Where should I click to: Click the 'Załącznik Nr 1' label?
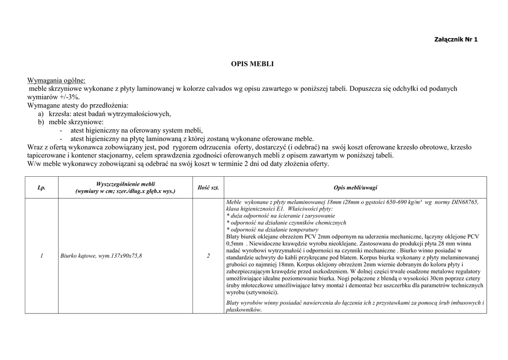click(455, 40)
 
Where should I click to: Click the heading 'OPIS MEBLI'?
click(252, 64)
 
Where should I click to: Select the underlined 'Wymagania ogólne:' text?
click(56, 80)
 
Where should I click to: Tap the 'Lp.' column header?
click(41, 187)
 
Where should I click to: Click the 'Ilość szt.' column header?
click(208, 187)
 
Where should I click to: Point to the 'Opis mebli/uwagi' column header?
click(355, 187)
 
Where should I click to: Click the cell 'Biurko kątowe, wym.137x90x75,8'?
click(101, 256)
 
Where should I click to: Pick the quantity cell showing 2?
click(208, 256)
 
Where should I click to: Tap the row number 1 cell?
click(42, 256)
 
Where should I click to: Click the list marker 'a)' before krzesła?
click(41, 114)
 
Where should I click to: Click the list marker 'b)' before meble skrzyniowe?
click(41, 122)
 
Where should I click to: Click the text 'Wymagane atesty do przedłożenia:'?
click(78, 105)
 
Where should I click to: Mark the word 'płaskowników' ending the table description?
click(243, 309)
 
